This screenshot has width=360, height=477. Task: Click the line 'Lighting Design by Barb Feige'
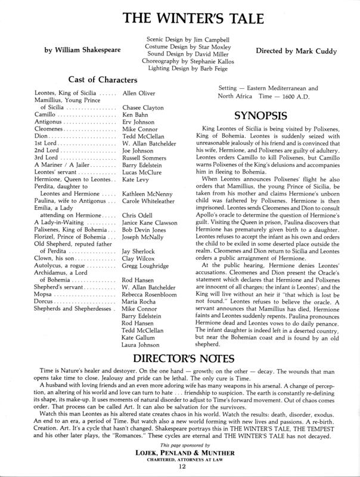point(179,69)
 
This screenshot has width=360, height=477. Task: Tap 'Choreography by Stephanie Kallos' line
point(179,61)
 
